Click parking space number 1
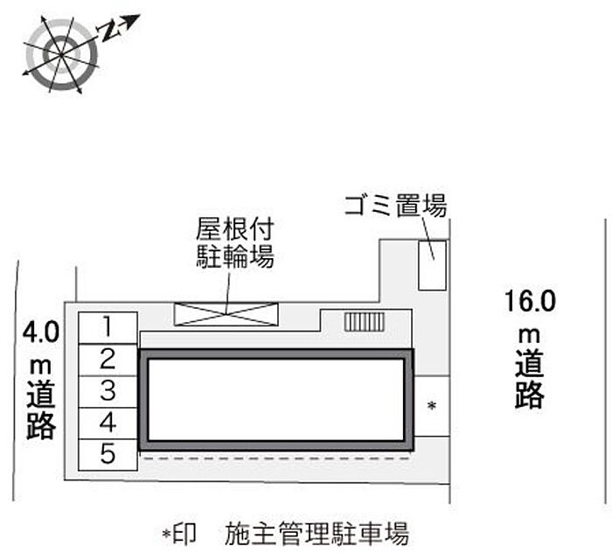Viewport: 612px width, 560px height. pos(107,327)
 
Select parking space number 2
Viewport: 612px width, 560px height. pos(107,359)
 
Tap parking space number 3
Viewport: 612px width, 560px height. pos(107,390)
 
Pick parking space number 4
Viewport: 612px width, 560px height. pos(107,423)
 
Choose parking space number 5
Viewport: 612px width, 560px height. pos(107,454)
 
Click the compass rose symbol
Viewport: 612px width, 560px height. pos(62,54)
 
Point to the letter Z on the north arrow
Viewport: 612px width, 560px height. pos(108,32)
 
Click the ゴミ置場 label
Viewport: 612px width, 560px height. pos(395,207)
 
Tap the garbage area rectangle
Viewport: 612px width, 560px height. pos(430,264)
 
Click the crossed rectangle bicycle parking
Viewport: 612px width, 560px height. pos(226,313)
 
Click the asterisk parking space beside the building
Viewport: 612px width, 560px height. pos(431,406)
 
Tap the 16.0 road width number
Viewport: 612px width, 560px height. pos(530,303)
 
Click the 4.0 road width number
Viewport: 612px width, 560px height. pos(40,332)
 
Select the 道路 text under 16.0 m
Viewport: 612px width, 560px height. pos(530,379)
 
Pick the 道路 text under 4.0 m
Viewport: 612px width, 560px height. pos(40,410)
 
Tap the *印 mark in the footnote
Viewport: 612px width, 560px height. pos(178,532)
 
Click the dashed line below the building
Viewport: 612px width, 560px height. pos(276,457)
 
